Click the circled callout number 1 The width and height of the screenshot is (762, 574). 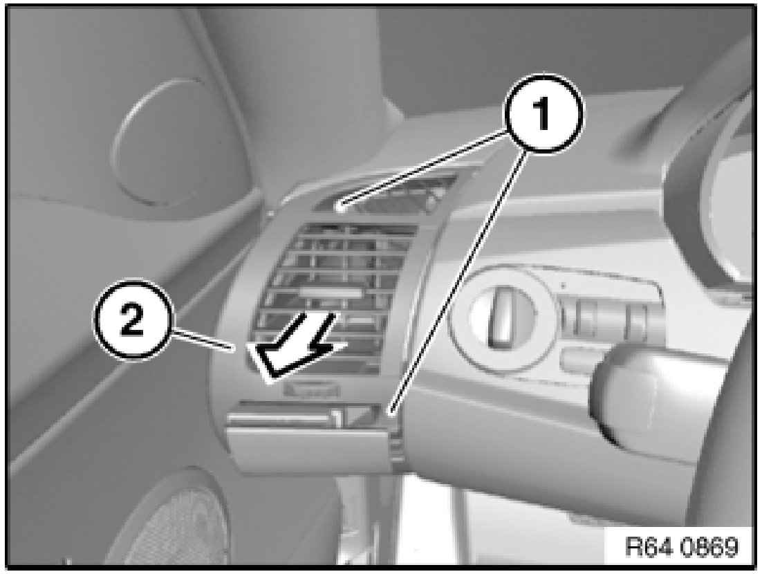coord(543,113)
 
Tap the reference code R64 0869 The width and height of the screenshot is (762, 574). coord(681,547)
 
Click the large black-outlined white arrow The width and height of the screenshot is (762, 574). coord(297,347)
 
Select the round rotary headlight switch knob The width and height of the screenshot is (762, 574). coord(501,316)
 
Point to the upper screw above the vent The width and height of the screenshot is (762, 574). coord(340,208)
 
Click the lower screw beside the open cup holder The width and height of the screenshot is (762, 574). coord(389,413)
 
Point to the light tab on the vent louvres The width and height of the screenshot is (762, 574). coord(331,292)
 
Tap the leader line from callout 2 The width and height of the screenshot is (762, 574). coord(203,340)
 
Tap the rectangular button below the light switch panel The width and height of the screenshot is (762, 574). coord(578,360)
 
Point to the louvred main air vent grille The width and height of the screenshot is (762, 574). coord(335,297)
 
